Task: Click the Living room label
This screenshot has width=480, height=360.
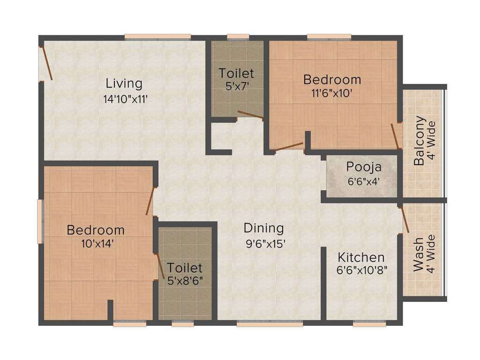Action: coord(124,83)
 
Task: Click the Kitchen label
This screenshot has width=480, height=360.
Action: coord(361,257)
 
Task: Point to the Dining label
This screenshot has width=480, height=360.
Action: coord(263,228)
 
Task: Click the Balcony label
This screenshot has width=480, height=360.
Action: coord(420,140)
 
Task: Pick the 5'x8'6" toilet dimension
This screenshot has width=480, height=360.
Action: coord(185,282)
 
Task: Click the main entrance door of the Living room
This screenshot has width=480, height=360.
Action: coord(46,63)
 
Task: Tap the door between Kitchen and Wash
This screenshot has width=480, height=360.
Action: coord(404,219)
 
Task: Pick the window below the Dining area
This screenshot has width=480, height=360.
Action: coord(270,323)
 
